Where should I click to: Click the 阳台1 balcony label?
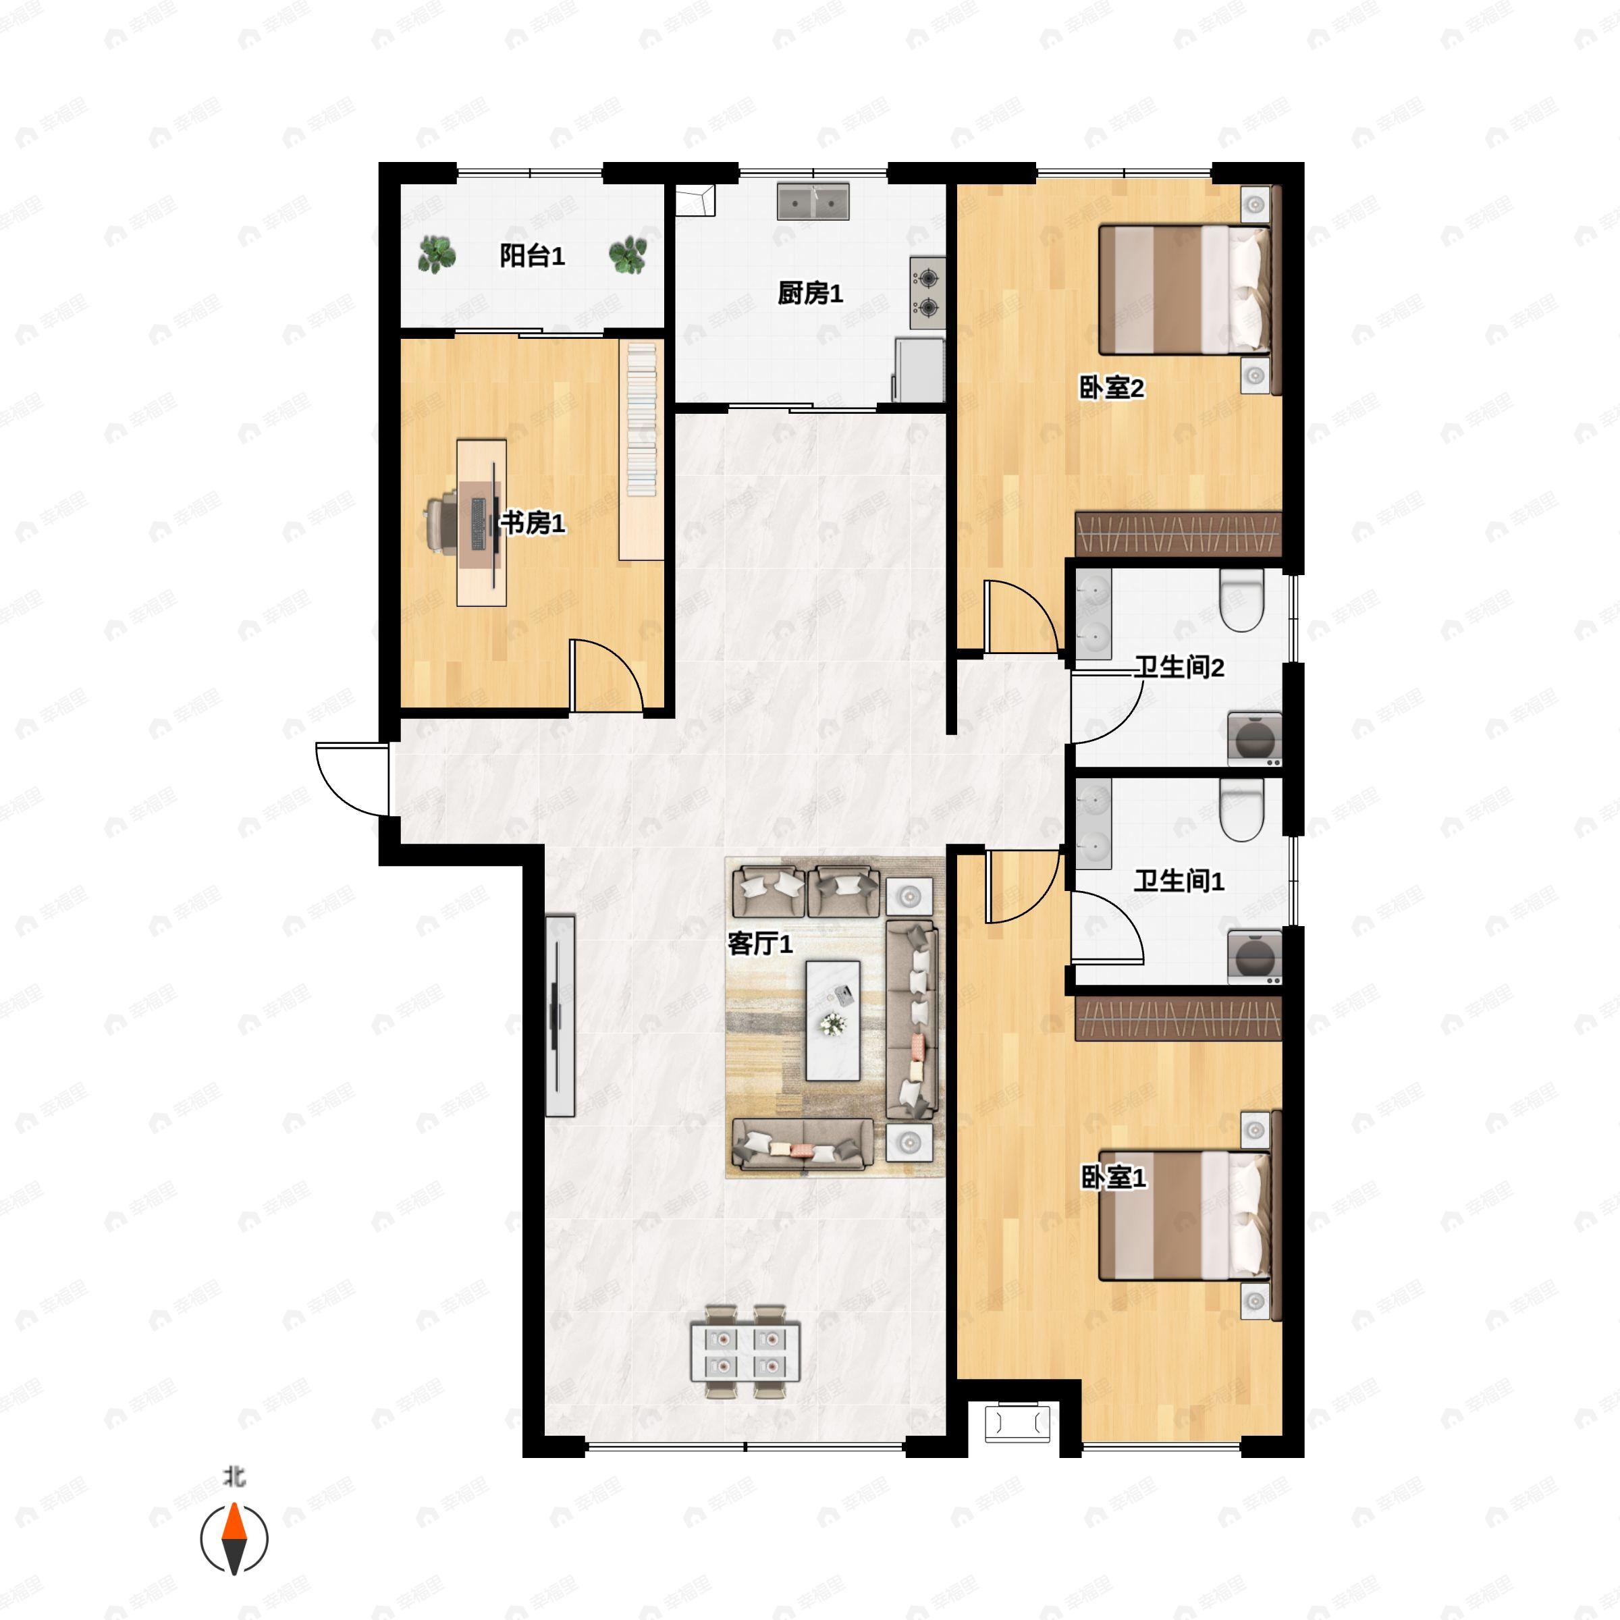click(532, 256)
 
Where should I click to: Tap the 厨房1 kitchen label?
click(810, 293)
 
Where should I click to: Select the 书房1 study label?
click(533, 523)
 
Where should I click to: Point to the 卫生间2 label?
click(1179, 668)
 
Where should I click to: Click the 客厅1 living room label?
click(759, 944)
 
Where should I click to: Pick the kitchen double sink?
click(813, 201)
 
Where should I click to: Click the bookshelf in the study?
click(641, 450)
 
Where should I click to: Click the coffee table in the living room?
click(833, 1021)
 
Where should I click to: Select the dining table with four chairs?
click(745, 1351)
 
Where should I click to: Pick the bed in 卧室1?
click(1185, 1215)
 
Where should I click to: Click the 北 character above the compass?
click(234, 1477)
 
